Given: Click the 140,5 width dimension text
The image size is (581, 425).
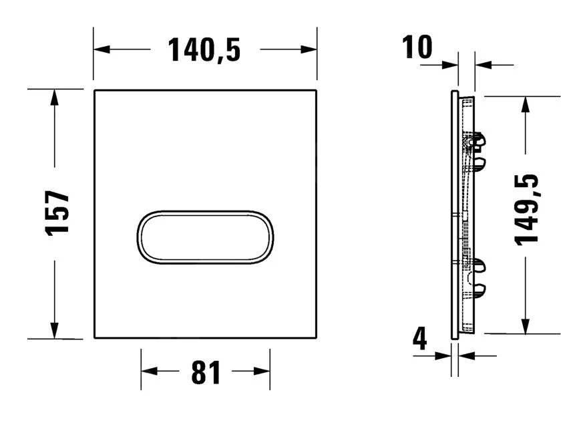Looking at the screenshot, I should point(204,50).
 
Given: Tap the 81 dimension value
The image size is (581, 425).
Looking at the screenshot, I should point(206,374).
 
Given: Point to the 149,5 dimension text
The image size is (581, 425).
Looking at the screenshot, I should point(528,208).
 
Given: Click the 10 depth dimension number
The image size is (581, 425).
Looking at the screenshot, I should point(417,48).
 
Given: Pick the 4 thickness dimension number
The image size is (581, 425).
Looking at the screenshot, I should point(419,340).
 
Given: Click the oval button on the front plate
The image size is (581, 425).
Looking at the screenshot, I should point(205,238).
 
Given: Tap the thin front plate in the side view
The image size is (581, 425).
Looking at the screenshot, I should point(455,214).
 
